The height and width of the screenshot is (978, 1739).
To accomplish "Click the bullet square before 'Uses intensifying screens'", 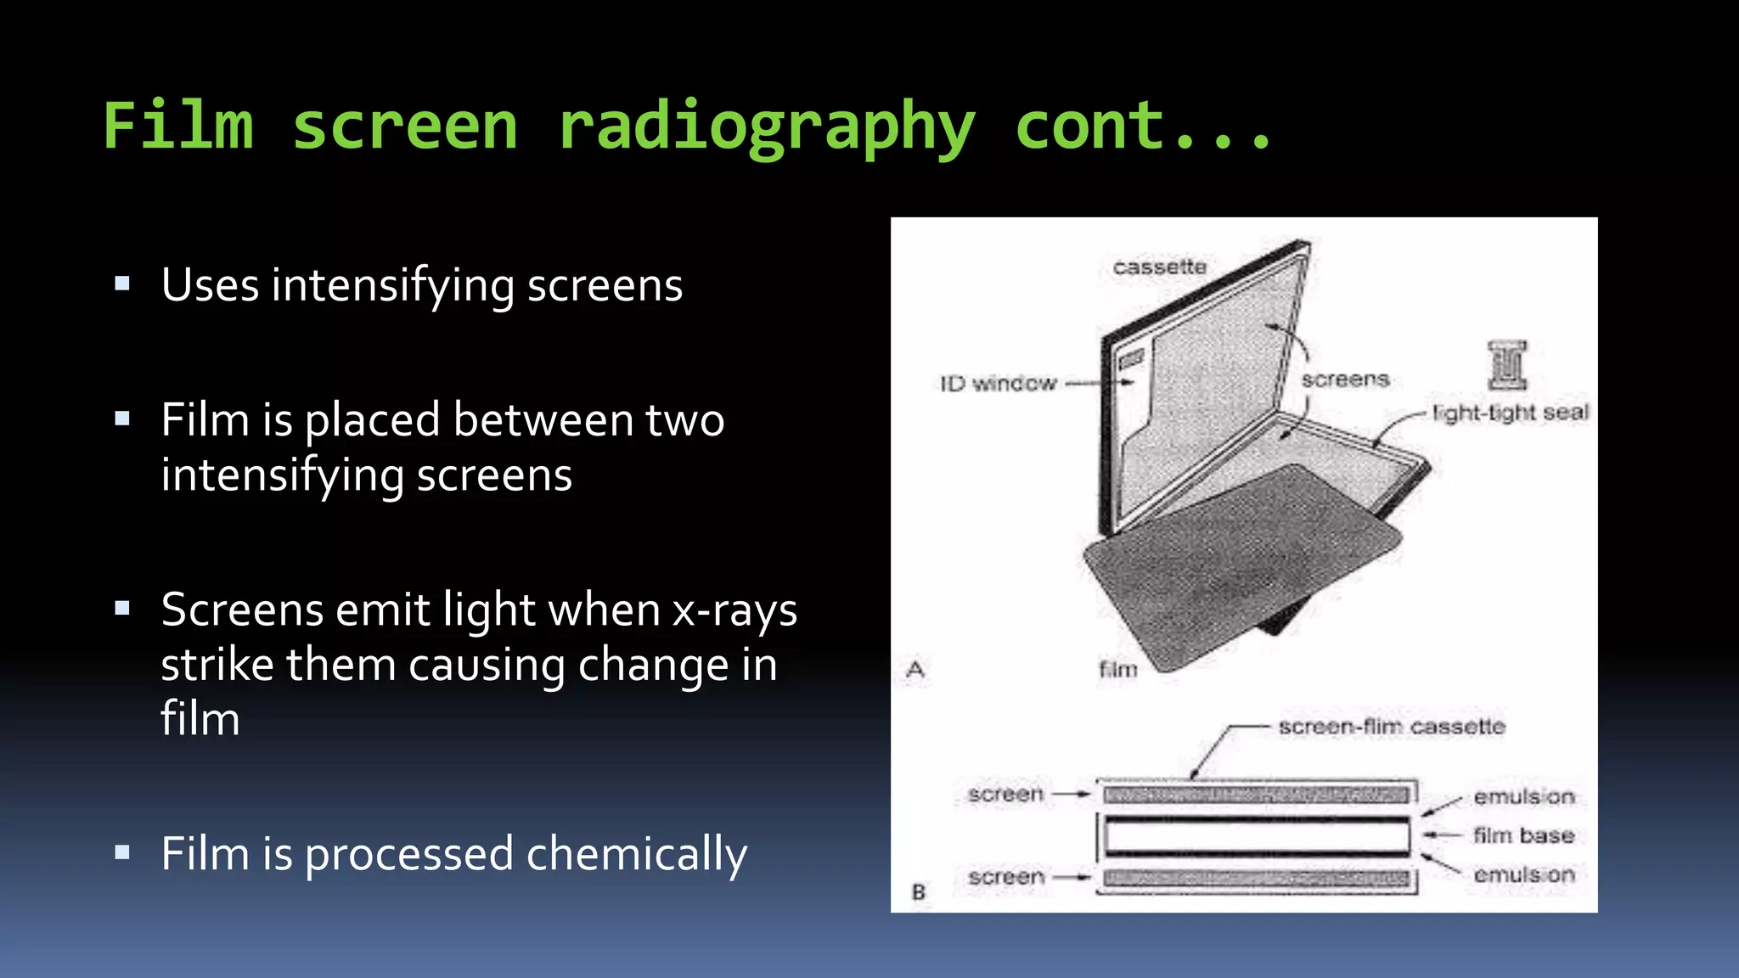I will [x=122, y=284].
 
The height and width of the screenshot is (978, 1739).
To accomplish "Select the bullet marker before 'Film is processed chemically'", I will [x=122, y=852].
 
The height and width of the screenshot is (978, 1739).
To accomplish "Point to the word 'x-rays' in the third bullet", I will [x=734, y=610].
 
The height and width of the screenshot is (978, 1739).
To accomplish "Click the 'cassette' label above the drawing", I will [x=1159, y=267].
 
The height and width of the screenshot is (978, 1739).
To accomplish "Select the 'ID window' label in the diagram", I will [x=998, y=384].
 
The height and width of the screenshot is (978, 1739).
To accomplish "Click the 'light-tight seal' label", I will [x=1510, y=413].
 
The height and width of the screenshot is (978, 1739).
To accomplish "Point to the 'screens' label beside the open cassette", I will [x=1345, y=379].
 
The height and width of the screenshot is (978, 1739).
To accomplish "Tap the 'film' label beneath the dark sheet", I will [x=1117, y=670].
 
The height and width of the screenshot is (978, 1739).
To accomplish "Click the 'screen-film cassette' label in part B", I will [x=1391, y=727].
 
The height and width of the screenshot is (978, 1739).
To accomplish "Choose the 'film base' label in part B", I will [x=1523, y=835].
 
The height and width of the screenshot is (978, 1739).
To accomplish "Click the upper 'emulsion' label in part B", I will [x=1523, y=796].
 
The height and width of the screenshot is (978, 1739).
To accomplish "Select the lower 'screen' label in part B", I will [x=1005, y=876].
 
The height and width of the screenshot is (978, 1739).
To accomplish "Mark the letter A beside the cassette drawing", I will [x=915, y=670].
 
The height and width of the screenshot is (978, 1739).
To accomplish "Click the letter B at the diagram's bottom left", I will [x=918, y=892].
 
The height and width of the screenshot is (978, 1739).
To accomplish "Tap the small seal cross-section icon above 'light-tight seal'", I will [x=1507, y=365].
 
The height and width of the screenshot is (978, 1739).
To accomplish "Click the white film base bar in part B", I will [x=1257, y=836].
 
